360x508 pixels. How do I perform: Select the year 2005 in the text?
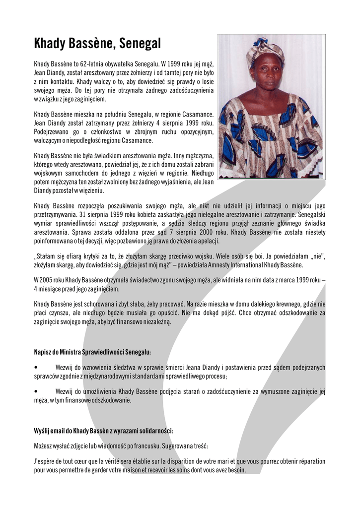(x=45, y=280)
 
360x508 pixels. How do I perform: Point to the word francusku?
(x=132, y=445)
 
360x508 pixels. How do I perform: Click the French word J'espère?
(x=45, y=461)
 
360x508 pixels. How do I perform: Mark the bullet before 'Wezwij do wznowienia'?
(x=36, y=368)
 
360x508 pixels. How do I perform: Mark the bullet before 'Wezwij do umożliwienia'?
(x=36, y=391)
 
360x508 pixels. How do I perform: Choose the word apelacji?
(x=208, y=241)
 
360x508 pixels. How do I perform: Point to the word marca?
(x=266, y=280)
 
